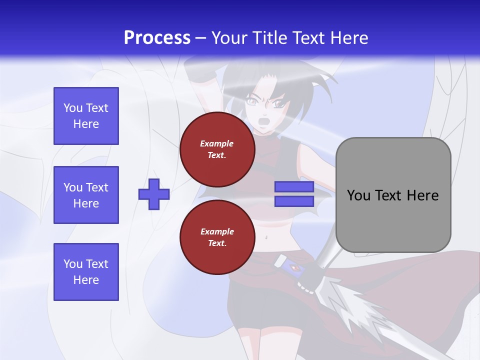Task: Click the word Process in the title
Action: click(x=157, y=38)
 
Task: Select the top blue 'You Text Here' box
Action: click(x=86, y=116)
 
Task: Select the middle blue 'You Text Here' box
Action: click(x=86, y=195)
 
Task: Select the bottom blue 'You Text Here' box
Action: click(x=86, y=272)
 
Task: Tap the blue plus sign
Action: click(x=154, y=194)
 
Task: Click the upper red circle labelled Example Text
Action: click(x=217, y=149)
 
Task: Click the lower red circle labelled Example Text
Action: click(x=217, y=237)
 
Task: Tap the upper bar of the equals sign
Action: click(x=294, y=187)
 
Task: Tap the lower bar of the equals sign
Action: click(x=294, y=201)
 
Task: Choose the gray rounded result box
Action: click(x=393, y=195)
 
